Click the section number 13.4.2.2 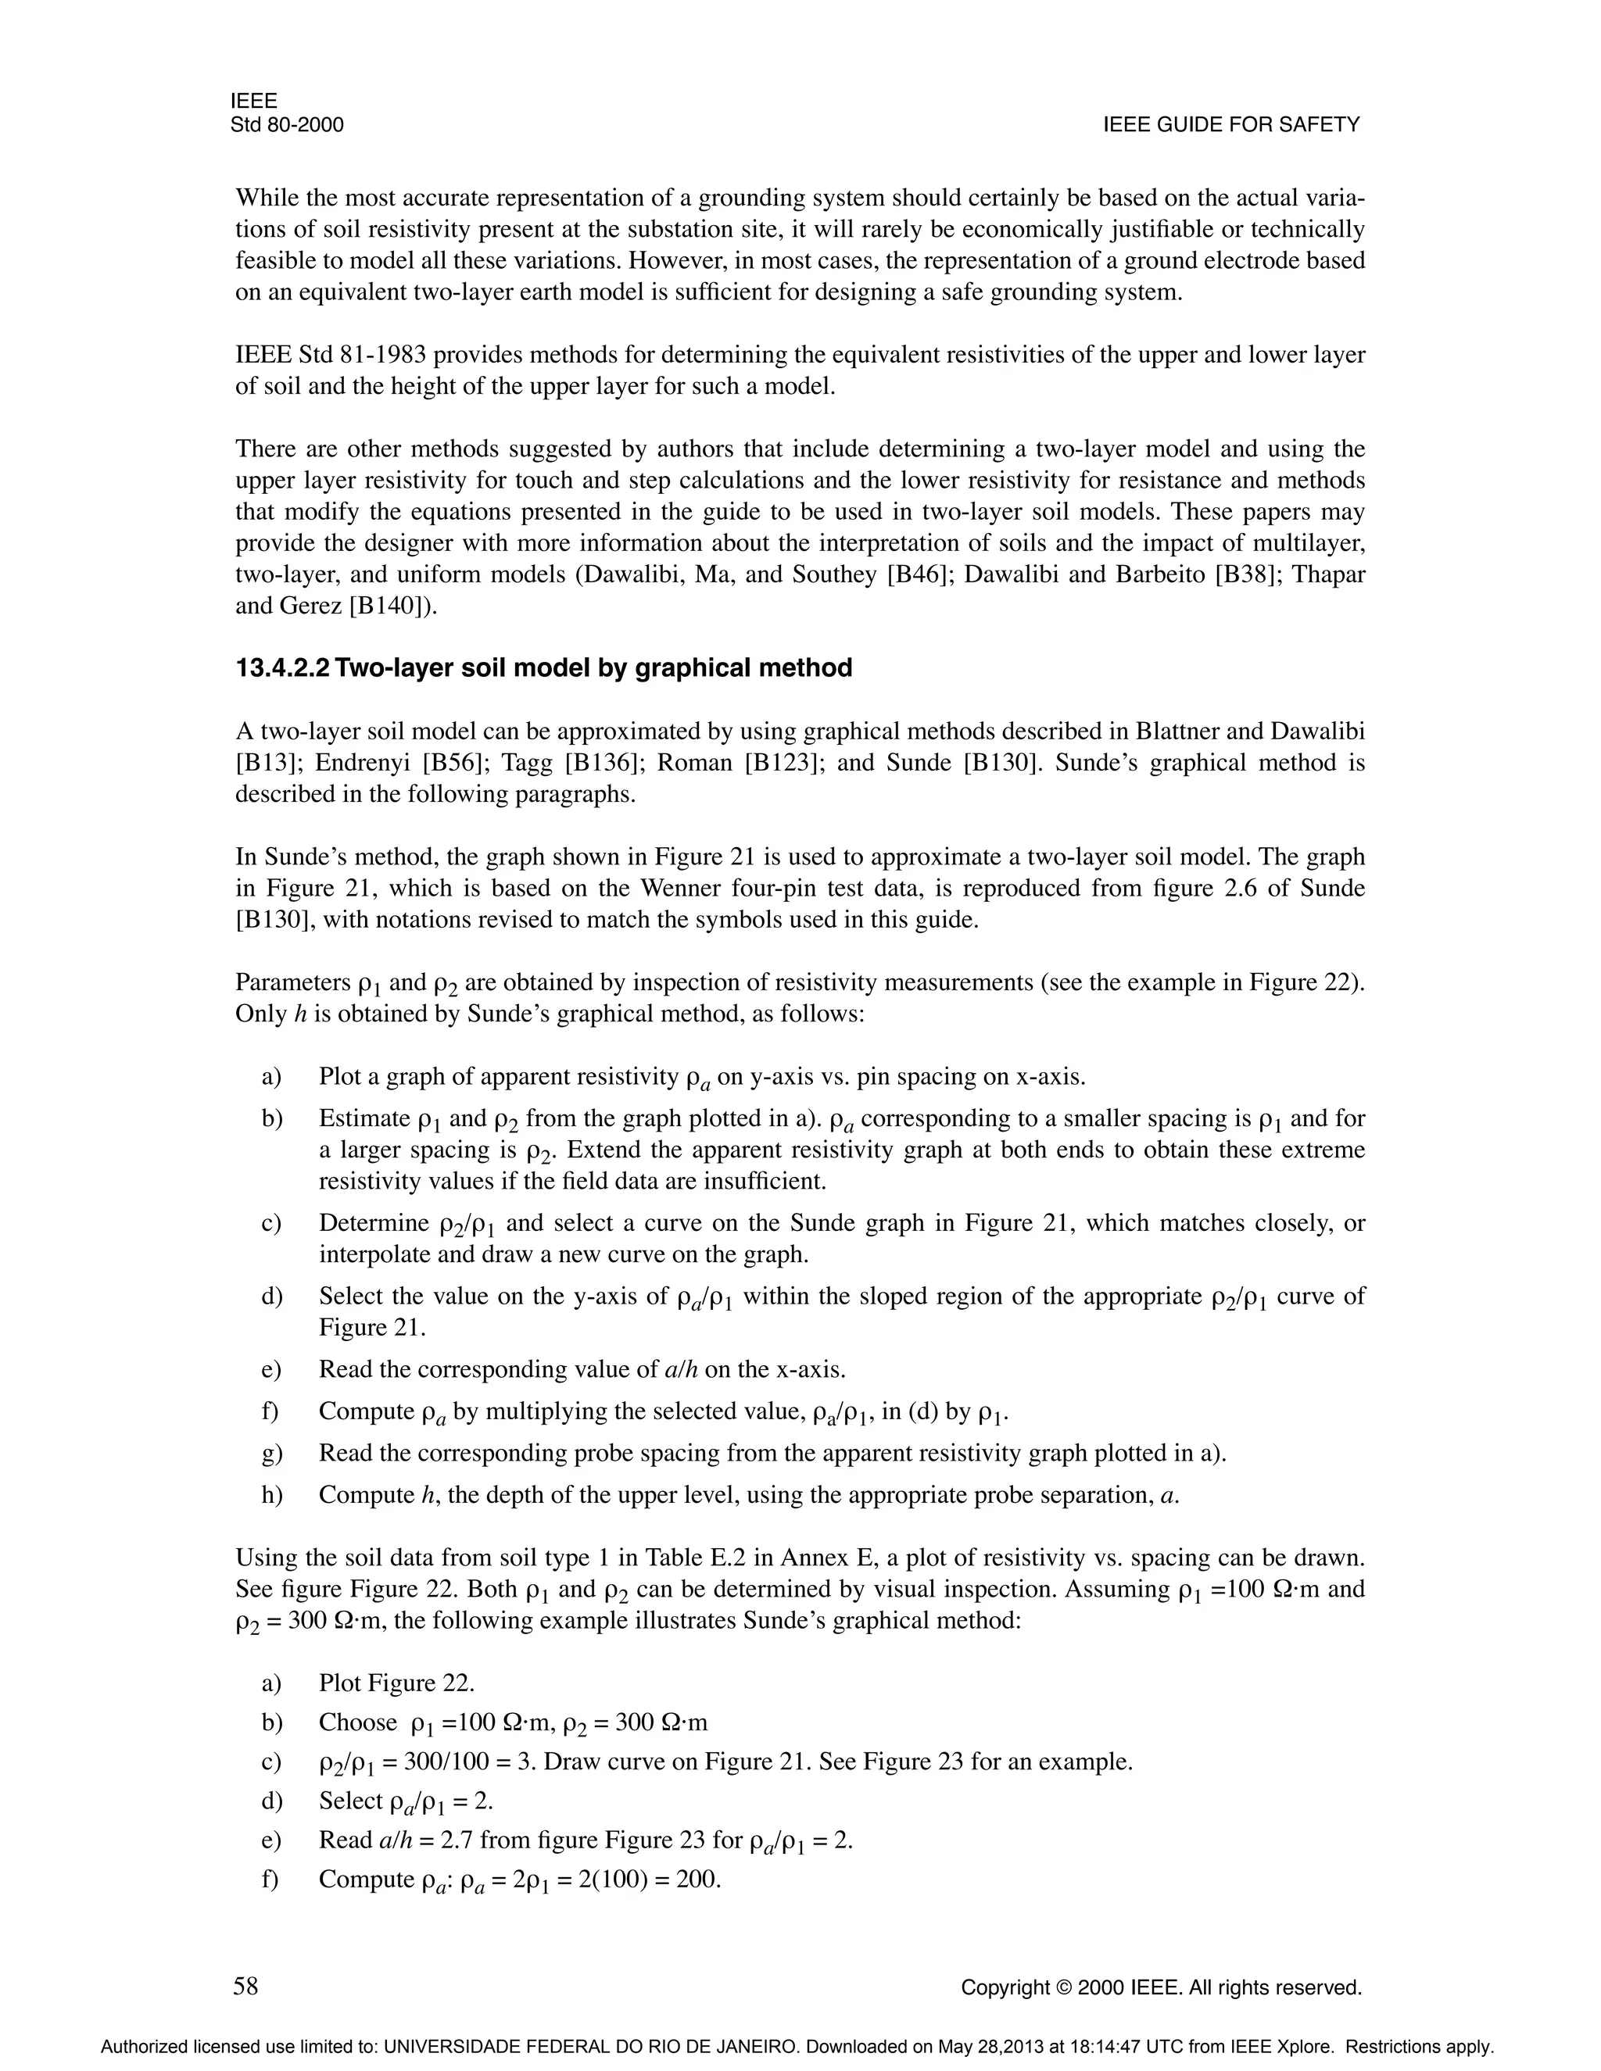pyautogui.click(x=283, y=668)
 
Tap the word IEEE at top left pyautogui.click(x=253, y=102)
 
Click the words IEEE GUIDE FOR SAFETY pyautogui.click(x=1231, y=125)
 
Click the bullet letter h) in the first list pyautogui.click(x=272, y=1495)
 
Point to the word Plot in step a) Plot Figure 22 pyautogui.click(x=339, y=1683)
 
